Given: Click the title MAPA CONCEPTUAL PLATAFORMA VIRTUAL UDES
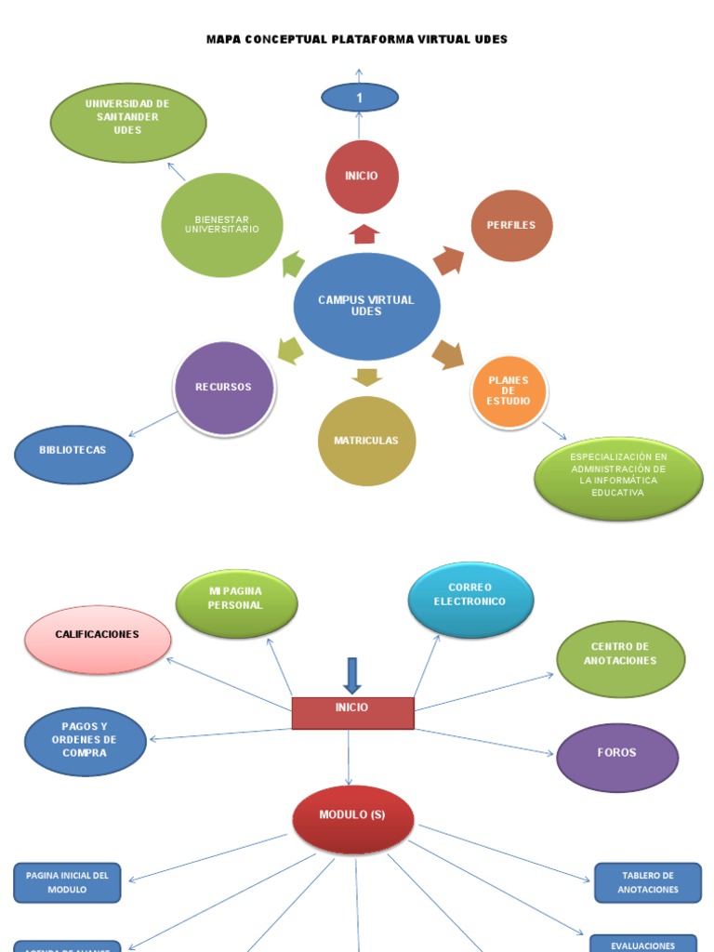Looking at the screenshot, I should (x=356, y=40).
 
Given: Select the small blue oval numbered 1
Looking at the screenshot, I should (x=359, y=98).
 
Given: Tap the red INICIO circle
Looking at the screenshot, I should (x=362, y=177).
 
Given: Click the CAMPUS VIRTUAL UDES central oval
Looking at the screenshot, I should (x=366, y=306).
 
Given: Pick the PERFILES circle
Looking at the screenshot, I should (x=511, y=226).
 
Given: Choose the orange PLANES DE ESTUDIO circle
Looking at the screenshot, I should (x=508, y=391).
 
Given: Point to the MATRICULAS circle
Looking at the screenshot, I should (x=366, y=441).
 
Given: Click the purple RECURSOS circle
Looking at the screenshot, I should (x=223, y=388).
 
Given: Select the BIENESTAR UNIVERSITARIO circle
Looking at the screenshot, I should (x=221, y=225).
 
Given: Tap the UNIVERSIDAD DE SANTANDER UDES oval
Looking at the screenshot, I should (x=127, y=122).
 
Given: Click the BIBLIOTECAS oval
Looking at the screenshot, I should (x=73, y=454).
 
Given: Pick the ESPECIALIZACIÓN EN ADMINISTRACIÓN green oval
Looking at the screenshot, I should (x=618, y=478).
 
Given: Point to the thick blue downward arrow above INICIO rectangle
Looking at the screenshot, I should (x=351, y=675).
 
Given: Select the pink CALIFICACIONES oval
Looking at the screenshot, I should (x=98, y=639).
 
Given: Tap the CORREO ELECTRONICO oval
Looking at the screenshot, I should (x=470, y=599).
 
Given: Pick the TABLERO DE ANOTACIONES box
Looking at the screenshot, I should (x=648, y=882).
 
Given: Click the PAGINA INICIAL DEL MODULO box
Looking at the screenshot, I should (x=67, y=882).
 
